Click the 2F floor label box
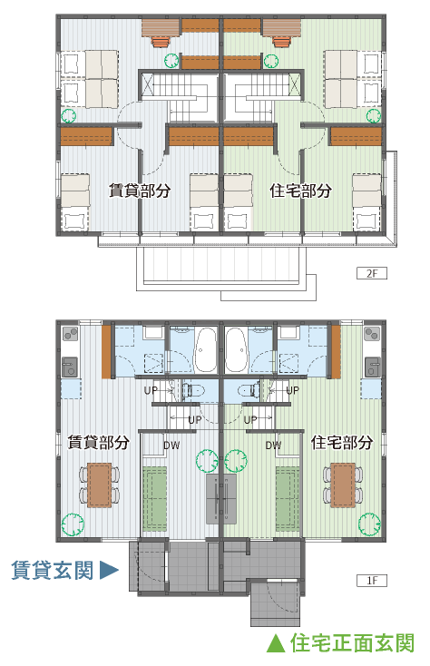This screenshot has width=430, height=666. pos(371,273)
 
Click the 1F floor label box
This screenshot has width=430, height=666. pos(371,580)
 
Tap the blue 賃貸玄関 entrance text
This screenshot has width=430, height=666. pos(53,570)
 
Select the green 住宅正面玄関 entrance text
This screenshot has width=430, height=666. pos(352,643)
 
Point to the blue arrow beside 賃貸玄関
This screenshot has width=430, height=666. pos(109,570)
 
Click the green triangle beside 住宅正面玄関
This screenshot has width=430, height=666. pos(276,643)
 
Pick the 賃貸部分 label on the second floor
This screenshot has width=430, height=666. pos(140,191)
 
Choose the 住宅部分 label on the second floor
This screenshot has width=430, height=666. pos(300,191)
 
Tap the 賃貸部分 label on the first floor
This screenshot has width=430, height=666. pos(99,442)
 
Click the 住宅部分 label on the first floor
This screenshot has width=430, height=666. pos(342,442)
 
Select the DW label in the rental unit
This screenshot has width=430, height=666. pos(171,446)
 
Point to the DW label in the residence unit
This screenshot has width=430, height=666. pos(273,446)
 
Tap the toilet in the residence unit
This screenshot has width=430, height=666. pos(249,389)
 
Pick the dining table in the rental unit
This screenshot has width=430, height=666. pos(100,485)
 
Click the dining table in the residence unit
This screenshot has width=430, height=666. pos(343,485)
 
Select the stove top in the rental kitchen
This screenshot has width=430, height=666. pos(70,334)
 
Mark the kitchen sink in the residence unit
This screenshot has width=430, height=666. pos(373,367)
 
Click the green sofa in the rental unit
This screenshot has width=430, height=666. pos(154,499)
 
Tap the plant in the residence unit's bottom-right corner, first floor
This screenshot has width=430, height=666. pos(369,524)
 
